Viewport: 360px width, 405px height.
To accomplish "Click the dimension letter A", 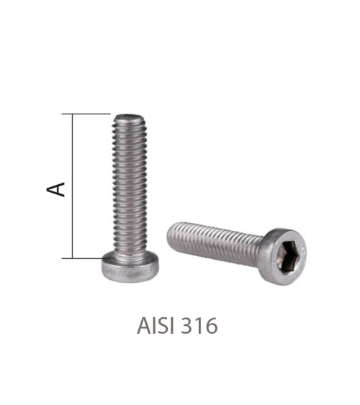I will pos(56,189).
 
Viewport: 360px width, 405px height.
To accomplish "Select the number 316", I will pos(200,326).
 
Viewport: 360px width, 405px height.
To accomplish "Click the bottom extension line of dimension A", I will pos(86,257).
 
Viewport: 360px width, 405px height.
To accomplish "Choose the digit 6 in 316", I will pos(211,326).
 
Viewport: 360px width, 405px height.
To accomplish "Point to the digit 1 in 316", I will pos(199,326).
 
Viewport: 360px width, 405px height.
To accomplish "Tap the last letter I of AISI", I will pos(171,326).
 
